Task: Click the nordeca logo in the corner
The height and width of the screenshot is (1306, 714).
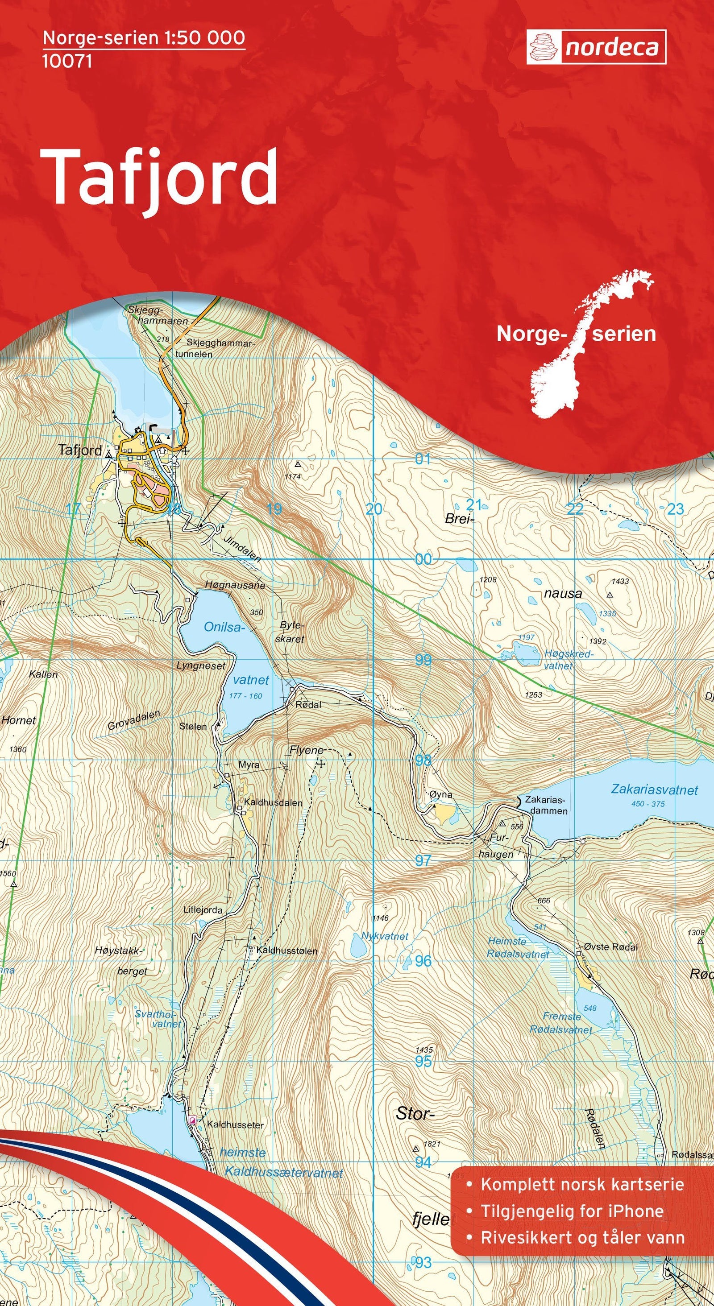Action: [x=596, y=47]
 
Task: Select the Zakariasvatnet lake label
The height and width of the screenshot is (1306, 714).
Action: [x=654, y=789]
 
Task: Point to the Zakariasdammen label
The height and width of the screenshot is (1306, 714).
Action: [x=546, y=805]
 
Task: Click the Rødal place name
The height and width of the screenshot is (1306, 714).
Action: [x=308, y=705]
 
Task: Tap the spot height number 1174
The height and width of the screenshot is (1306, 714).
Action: [x=293, y=476]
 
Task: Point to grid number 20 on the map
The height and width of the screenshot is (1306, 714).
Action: [x=374, y=509]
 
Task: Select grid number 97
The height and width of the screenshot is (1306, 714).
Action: [x=423, y=860]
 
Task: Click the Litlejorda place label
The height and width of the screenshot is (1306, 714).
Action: [x=203, y=909]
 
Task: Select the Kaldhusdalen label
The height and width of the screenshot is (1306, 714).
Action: [x=273, y=802]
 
